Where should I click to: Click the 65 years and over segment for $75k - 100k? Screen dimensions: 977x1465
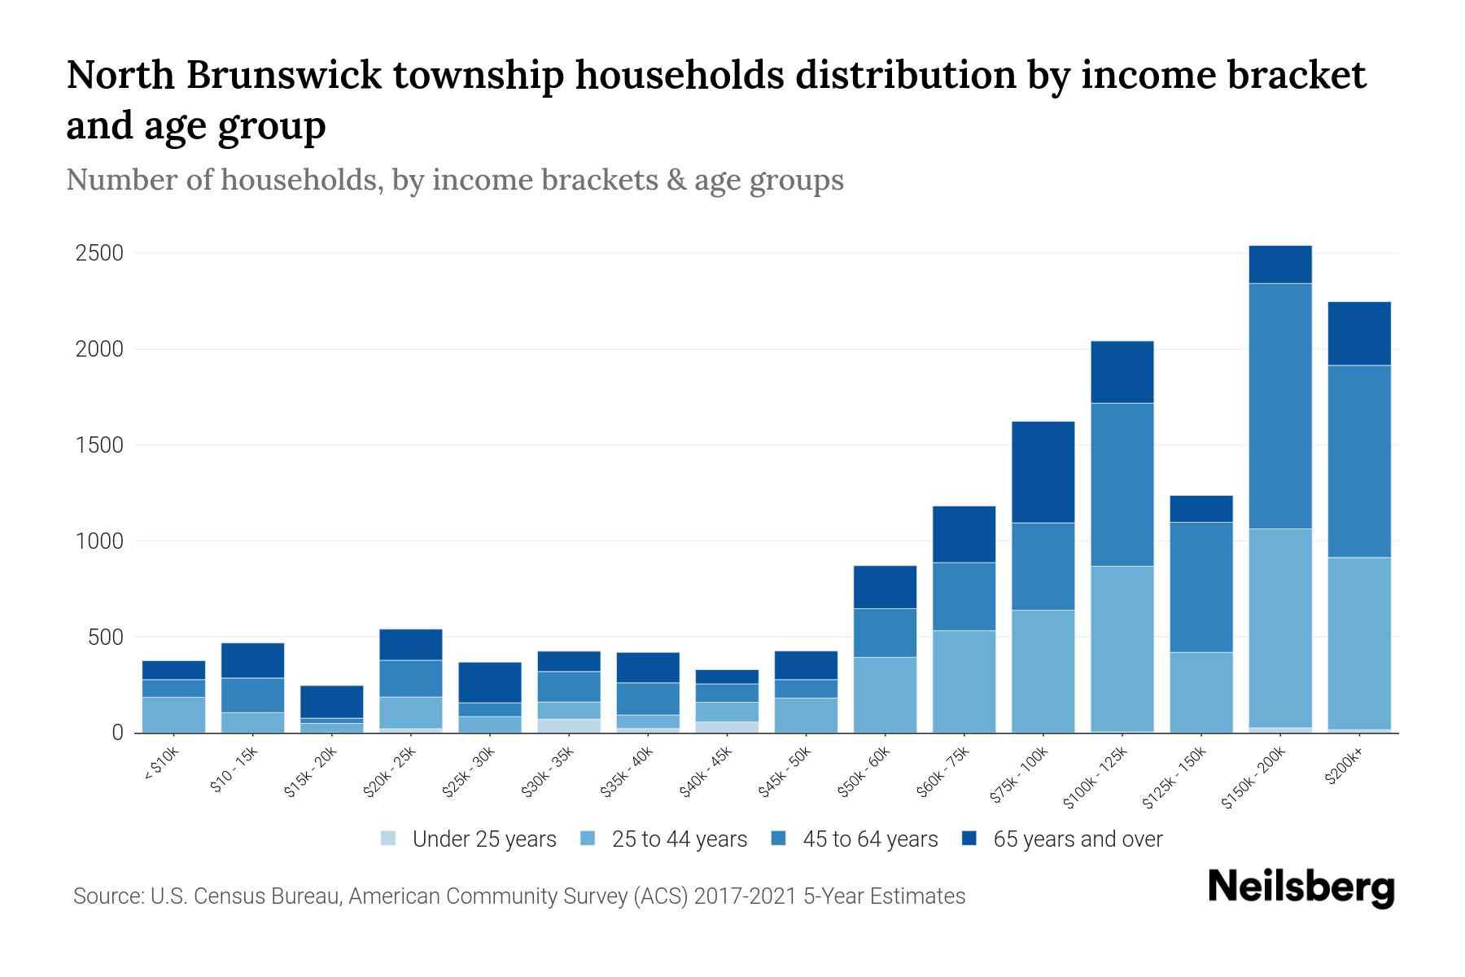point(1043,472)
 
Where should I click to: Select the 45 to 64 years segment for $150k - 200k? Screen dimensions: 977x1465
point(1280,405)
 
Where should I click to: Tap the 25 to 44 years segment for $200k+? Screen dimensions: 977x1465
point(1359,643)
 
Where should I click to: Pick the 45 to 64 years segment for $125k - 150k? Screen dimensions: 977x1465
point(1201,587)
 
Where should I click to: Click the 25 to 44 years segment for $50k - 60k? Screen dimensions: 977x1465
point(885,694)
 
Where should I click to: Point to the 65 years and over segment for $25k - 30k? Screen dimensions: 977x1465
point(490,682)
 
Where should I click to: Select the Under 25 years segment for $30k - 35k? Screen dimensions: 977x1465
point(569,725)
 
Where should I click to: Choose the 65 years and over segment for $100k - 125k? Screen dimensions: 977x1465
point(1122,372)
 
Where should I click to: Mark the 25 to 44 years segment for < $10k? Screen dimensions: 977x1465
point(173,715)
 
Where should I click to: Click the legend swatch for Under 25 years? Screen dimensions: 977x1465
point(389,839)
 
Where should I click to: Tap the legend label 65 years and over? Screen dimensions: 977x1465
point(1078,839)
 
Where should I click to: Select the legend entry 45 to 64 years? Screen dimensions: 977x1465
point(870,839)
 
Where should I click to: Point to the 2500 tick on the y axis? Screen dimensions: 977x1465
point(99,253)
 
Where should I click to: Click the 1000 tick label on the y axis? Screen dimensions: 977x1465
point(99,541)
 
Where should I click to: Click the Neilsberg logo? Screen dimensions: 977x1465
point(1301,887)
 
